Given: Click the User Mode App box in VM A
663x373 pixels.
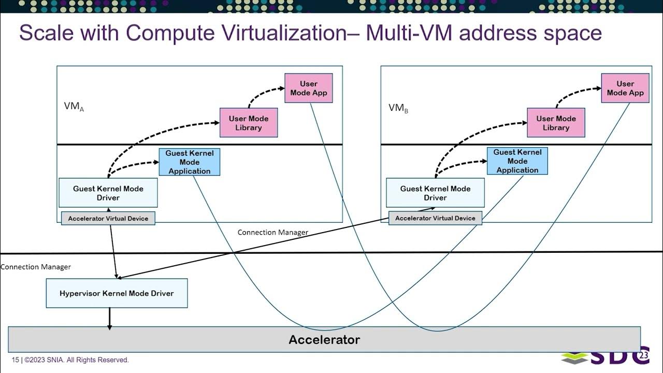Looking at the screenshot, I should pos(308,88).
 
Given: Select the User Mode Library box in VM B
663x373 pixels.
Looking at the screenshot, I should pos(556,123).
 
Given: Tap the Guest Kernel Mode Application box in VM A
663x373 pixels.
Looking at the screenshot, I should pos(189,162).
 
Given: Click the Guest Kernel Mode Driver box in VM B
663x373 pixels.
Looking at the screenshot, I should pos(435,193).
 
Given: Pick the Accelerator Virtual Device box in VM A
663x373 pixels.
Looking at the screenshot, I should pos(108,218).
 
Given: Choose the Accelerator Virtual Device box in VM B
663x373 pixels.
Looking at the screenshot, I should pos(435,218).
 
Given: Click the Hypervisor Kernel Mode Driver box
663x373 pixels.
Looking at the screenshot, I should pos(117,293).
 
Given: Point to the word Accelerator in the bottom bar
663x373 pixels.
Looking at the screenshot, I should pos(324,340).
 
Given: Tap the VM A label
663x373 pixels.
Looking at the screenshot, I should pos(74,107).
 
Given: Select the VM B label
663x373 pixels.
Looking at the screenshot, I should pos(398,108).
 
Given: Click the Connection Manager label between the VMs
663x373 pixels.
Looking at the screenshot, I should pos(272,232).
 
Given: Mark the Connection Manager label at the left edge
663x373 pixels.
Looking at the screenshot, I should pos(35,267).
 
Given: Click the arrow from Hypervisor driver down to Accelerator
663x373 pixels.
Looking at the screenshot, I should pos(109,318).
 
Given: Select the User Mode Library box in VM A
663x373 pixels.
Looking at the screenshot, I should pos(249,123).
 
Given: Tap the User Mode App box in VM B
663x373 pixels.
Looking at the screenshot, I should pos(625,88).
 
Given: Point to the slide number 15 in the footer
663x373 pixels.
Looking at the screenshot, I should pos(15,360).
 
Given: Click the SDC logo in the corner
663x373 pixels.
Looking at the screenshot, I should pos(606,356).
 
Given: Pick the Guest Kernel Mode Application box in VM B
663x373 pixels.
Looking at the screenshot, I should pos(517,161).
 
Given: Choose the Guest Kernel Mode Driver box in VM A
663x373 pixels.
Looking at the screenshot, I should pos(108,193).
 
